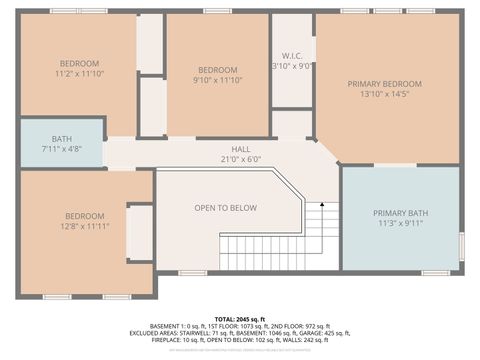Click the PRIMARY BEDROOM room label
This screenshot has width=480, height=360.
click(x=384, y=84)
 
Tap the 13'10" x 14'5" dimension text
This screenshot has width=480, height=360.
click(x=384, y=96)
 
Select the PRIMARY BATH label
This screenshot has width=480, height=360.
click(x=400, y=213)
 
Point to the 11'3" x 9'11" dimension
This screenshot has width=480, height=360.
click(x=400, y=225)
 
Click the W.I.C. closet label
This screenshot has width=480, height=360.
click(x=292, y=55)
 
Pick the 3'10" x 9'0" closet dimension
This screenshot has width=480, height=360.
click(x=292, y=66)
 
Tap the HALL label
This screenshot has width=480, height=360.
click(x=240, y=147)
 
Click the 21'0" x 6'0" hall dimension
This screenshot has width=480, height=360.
click(x=240, y=158)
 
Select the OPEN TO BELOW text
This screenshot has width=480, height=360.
click(x=225, y=208)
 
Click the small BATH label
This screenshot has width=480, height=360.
click(x=62, y=138)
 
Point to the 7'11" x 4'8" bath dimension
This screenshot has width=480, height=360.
click(x=62, y=149)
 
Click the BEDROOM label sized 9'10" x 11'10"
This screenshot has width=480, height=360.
click(x=217, y=69)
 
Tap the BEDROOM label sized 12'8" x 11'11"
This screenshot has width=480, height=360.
click(x=85, y=216)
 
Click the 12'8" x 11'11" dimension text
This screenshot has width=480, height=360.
click(x=85, y=227)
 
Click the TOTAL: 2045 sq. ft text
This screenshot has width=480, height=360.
click(x=240, y=318)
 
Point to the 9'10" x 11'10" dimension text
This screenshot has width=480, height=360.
click(x=217, y=80)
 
